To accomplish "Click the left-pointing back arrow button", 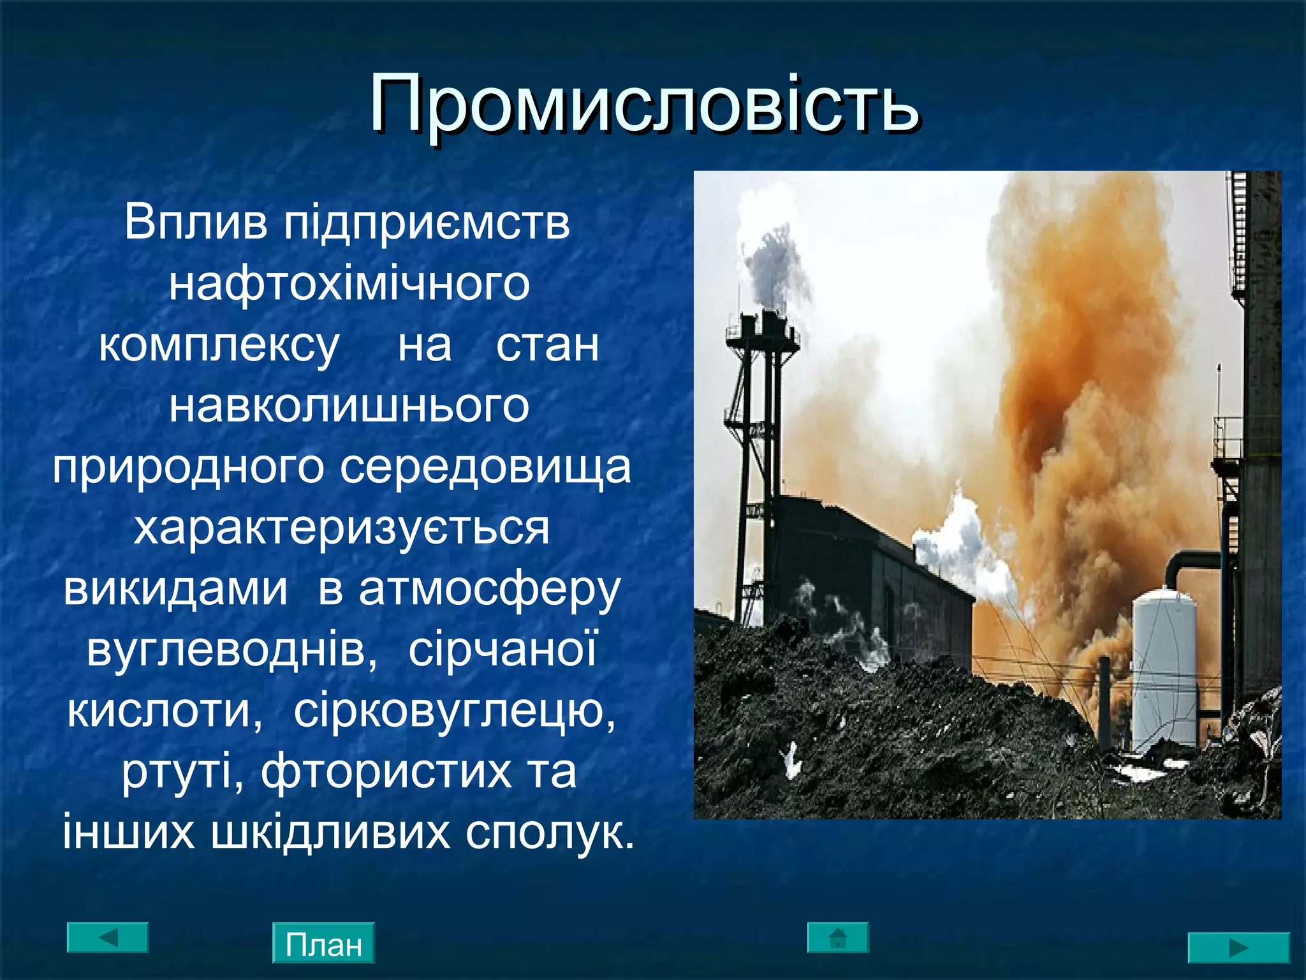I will coord(108,938).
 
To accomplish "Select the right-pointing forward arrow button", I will coord(1238,947).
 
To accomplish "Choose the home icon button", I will coord(838,938).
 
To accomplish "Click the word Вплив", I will coord(196,223).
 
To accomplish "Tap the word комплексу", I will coord(219,345).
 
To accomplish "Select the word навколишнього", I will coord(349,406).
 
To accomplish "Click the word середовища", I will coord(485,467).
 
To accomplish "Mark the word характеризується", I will coord(342,528).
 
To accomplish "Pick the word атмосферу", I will coord(490,590).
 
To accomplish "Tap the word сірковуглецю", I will coord(455,711).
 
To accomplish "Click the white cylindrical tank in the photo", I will coord(1164,670).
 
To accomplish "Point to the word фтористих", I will coord(387,772).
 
